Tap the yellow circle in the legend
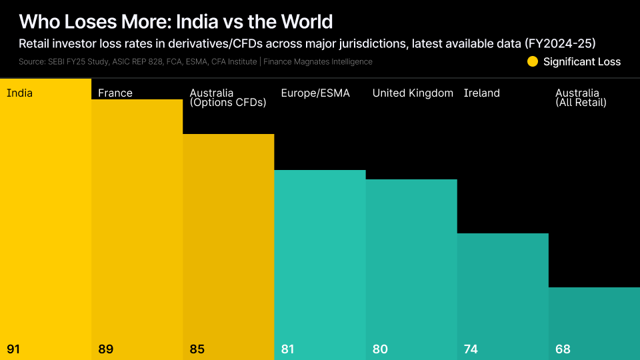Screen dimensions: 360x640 click(x=532, y=62)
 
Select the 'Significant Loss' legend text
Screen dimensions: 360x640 click(x=581, y=62)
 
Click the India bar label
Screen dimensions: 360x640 click(x=19, y=93)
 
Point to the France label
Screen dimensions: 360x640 click(x=115, y=93)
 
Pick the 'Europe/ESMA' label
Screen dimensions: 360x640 click(x=315, y=93)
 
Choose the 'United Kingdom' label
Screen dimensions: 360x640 click(x=413, y=93)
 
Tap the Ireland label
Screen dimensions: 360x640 click(x=481, y=93)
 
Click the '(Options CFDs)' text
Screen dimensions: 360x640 click(x=227, y=103)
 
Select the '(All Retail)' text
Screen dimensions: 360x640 click(x=581, y=103)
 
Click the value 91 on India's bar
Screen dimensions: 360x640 click(x=13, y=349)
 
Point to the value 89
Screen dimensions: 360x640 click(x=105, y=349)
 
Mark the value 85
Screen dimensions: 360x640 click(x=197, y=349)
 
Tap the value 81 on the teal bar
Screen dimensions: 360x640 click(x=289, y=349)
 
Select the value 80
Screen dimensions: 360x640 click(x=380, y=349)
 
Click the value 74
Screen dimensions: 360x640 click(x=471, y=349)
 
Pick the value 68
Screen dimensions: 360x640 click(x=563, y=349)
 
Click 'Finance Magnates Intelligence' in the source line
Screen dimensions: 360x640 click(x=318, y=62)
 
